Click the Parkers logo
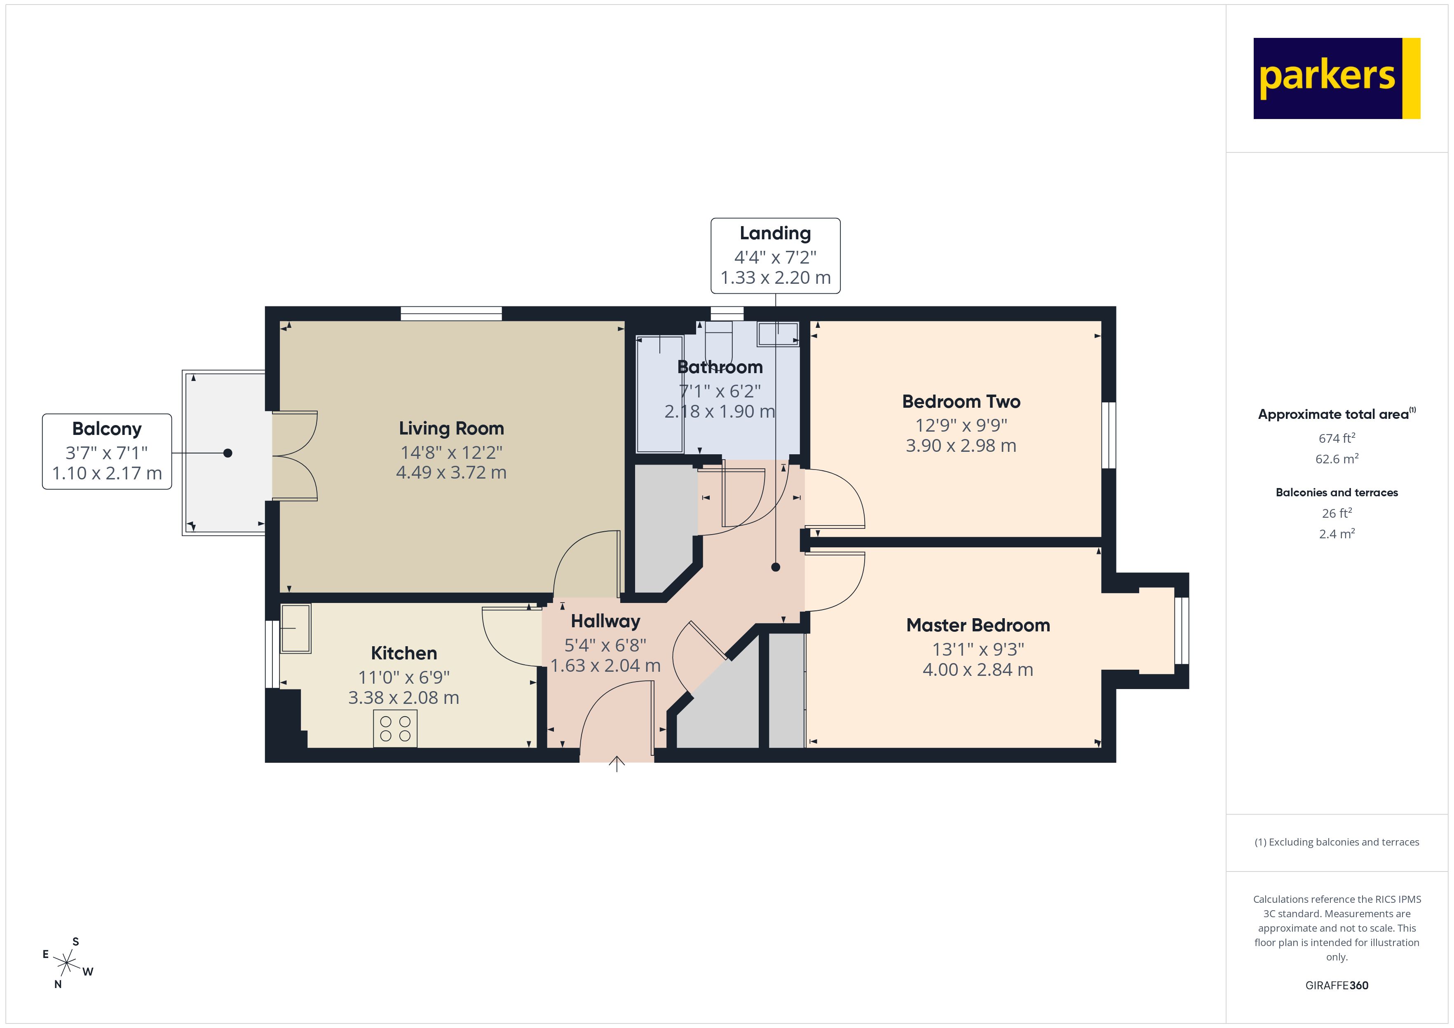(x=1336, y=79)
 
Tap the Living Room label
(x=451, y=429)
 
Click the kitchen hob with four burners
(x=395, y=729)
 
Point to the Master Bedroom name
(x=978, y=626)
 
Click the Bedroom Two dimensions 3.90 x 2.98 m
(x=961, y=446)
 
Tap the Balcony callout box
(x=107, y=451)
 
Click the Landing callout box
(x=775, y=256)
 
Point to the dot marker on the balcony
(x=228, y=453)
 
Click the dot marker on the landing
(x=776, y=567)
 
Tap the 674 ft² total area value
(x=1336, y=438)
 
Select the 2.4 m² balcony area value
(x=1336, y=534)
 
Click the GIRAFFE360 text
(x=1336, y=986)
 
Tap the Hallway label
(x=605, y=621)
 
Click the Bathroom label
(x=720, y=367)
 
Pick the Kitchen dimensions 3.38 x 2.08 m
(x=403, y=698)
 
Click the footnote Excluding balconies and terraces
(x=1336, y=842)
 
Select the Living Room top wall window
(x=451, y=313)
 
